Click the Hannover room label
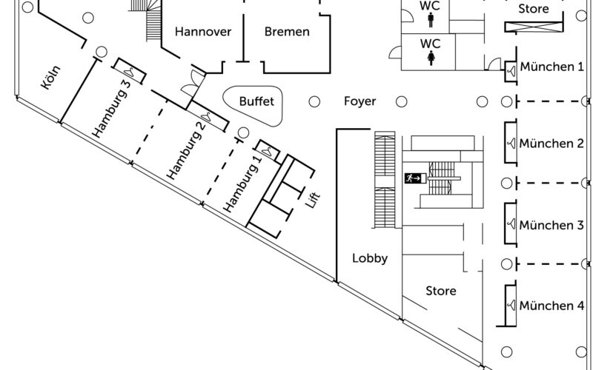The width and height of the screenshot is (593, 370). click(x=204, y=32)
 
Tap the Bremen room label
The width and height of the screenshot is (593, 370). click(x=287, y=32)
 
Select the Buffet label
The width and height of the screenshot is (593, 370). click(x=256, y=101)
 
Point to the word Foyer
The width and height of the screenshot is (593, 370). click(x=360, y=101)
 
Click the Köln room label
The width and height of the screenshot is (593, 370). click(x=50, y=78)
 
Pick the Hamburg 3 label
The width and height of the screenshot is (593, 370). click(x=113, y=108)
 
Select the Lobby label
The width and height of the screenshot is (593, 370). click(x=370, y=258)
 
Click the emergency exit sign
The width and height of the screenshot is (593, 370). click(x=413, y=178)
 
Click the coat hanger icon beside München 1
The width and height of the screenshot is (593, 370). click(x=511, y=70)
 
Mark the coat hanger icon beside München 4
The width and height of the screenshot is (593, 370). click(x=511, y=304)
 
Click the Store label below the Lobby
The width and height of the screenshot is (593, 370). click(x=440, y=291)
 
